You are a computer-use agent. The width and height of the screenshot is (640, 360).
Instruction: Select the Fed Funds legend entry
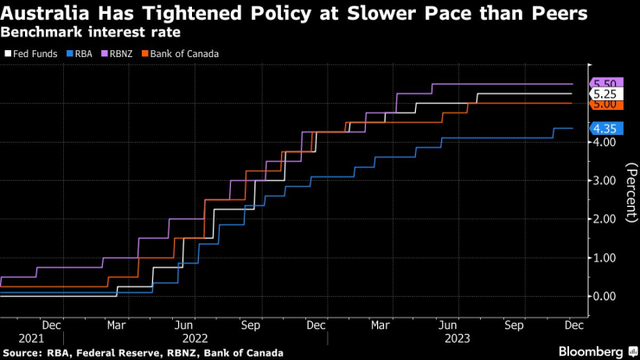pos(34,54)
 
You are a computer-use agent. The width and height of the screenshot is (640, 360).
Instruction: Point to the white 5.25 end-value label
pos(605,93)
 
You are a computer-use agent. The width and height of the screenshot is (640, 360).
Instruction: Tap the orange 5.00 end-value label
pos(605,104)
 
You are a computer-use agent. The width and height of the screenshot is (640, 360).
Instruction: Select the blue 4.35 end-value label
pos(605,128)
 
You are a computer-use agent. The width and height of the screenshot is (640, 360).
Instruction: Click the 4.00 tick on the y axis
pos(604,142)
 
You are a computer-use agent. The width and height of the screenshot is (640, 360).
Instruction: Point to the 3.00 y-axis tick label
pos(604,180)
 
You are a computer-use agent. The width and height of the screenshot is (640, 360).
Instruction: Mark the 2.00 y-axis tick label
pos(604,219)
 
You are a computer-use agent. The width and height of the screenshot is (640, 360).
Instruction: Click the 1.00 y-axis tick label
pos(604,258)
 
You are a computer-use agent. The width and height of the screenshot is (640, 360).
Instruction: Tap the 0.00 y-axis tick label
pos(604,296)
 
